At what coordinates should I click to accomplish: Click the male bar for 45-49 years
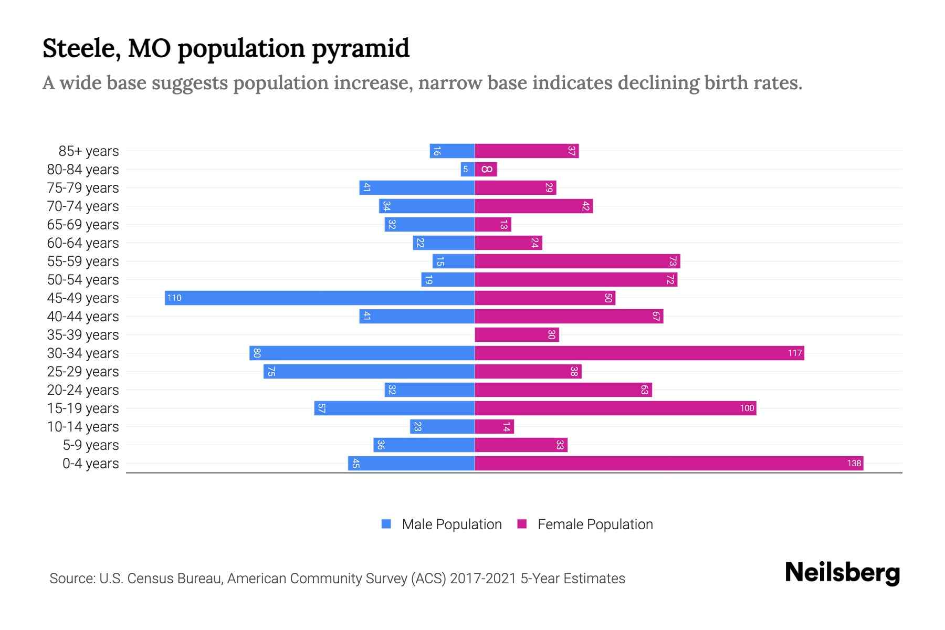coord(320,298)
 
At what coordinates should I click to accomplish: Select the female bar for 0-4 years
coord(669,464)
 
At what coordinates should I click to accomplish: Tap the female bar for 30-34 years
coord(639,353)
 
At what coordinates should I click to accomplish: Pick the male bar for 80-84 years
coord(468,170)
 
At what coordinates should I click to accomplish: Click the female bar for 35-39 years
coord(517,335)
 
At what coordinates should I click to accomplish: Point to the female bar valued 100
coord(615,408)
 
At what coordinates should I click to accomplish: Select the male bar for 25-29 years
coord(369,372)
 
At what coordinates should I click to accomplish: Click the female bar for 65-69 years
coord(493,225)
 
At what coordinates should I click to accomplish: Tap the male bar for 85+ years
coord(452,151)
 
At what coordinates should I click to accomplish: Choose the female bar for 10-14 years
coord(495,427)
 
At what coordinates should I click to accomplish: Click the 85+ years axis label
coord(89,151)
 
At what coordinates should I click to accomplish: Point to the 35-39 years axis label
coord(83,335)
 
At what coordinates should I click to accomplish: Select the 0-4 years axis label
coord(90,464)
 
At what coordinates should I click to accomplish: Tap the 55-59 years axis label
coord(83,261)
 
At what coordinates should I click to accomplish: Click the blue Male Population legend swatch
coord(386,524)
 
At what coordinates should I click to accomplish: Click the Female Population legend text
coord(595,524)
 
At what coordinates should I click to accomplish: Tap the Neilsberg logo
coord(842,573)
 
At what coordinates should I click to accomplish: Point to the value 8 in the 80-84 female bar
coord(487,170)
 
